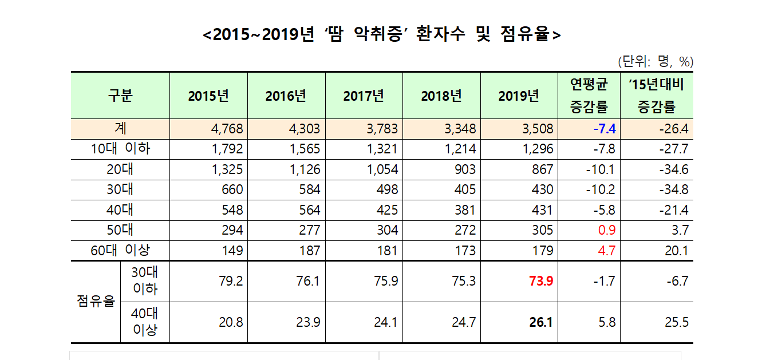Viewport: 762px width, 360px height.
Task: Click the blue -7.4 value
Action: [604, 129]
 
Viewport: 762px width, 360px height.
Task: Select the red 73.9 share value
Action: [542, 282]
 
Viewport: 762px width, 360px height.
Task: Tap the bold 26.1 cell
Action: [542, 323]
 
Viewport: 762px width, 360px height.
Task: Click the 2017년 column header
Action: [364, 96]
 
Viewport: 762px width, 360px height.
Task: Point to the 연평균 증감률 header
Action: [589, 96]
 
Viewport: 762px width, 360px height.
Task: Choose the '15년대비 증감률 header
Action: [657, 96]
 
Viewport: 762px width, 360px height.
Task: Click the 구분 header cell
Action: [120, 96]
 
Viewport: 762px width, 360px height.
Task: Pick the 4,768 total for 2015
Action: [227, 129]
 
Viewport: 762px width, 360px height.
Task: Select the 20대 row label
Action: [120, 169]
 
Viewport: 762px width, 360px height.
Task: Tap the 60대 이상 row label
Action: [120, 250]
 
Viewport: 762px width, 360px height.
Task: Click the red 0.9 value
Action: [607, 230]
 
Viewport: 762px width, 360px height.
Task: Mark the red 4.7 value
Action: [607, 250]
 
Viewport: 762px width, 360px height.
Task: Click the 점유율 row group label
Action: [96, 302]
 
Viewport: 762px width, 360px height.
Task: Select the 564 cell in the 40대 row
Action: [310, 209]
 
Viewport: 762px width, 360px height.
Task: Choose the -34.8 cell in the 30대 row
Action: [673, 189]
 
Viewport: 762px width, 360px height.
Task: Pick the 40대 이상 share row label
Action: [145, 322]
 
